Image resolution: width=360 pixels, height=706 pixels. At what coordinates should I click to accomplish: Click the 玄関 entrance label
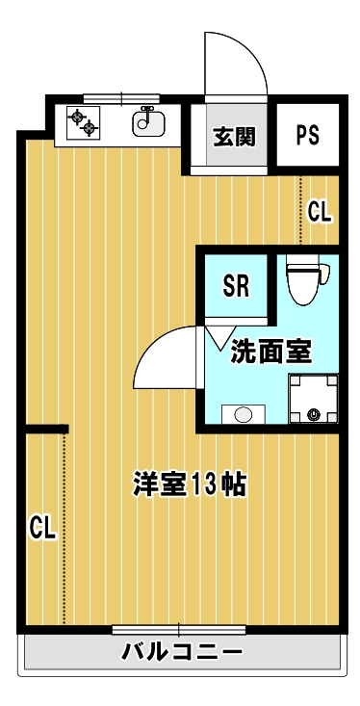point(234,136)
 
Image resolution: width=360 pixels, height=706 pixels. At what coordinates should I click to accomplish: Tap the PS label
point(308,135)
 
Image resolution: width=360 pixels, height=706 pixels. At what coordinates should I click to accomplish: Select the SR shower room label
point(237,286)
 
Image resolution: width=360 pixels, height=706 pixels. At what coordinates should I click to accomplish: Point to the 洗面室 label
point(271,352)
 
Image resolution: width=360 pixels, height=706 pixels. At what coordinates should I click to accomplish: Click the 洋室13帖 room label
point(189,484)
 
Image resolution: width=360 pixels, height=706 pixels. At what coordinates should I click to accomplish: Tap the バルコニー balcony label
point(182,651)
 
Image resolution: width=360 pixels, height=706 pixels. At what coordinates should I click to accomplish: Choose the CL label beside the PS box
point(320,212)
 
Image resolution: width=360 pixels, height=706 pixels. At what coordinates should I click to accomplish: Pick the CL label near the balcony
point(42,528)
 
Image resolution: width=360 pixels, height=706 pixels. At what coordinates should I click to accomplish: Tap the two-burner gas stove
point(83,122)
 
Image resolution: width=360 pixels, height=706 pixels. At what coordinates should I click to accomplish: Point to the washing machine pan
point(313,399)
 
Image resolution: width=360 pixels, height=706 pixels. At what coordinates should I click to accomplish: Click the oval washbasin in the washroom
point(244,414)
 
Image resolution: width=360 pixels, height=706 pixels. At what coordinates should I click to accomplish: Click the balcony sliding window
point(179,630)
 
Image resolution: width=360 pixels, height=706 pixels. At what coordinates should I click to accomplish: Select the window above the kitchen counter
point(121,97)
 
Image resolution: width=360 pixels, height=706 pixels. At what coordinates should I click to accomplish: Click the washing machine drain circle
point(313,414)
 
